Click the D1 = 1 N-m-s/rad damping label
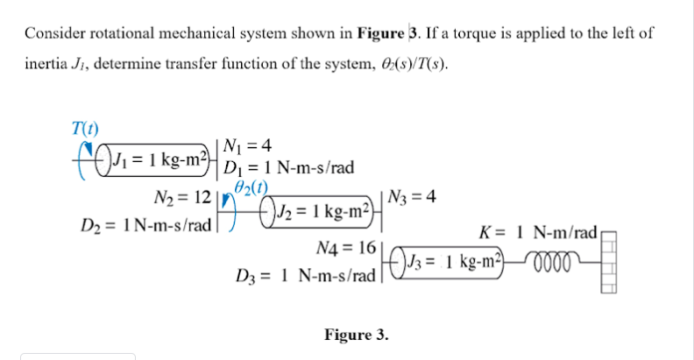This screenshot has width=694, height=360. pos(288,167)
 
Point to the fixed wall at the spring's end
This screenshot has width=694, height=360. pos(609,263)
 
